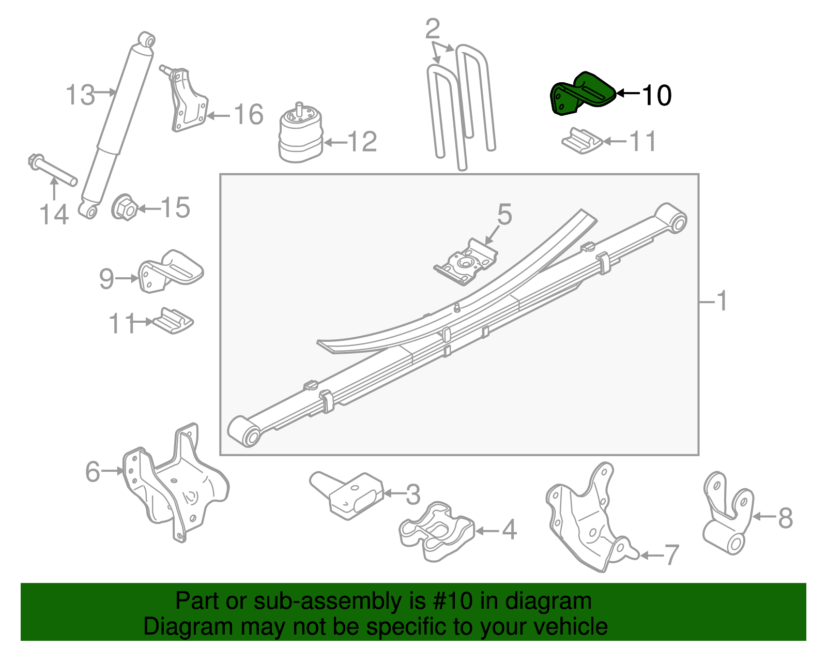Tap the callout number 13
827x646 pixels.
coord(80,95)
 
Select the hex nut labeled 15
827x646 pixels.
coord(124,208)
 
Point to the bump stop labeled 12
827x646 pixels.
coord(301,136)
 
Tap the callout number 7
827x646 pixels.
coord(671,555)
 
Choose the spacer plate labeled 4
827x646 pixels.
coord(437,531)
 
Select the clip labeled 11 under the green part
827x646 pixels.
coord(581,141)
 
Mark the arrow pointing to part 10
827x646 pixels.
coord(628,94)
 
